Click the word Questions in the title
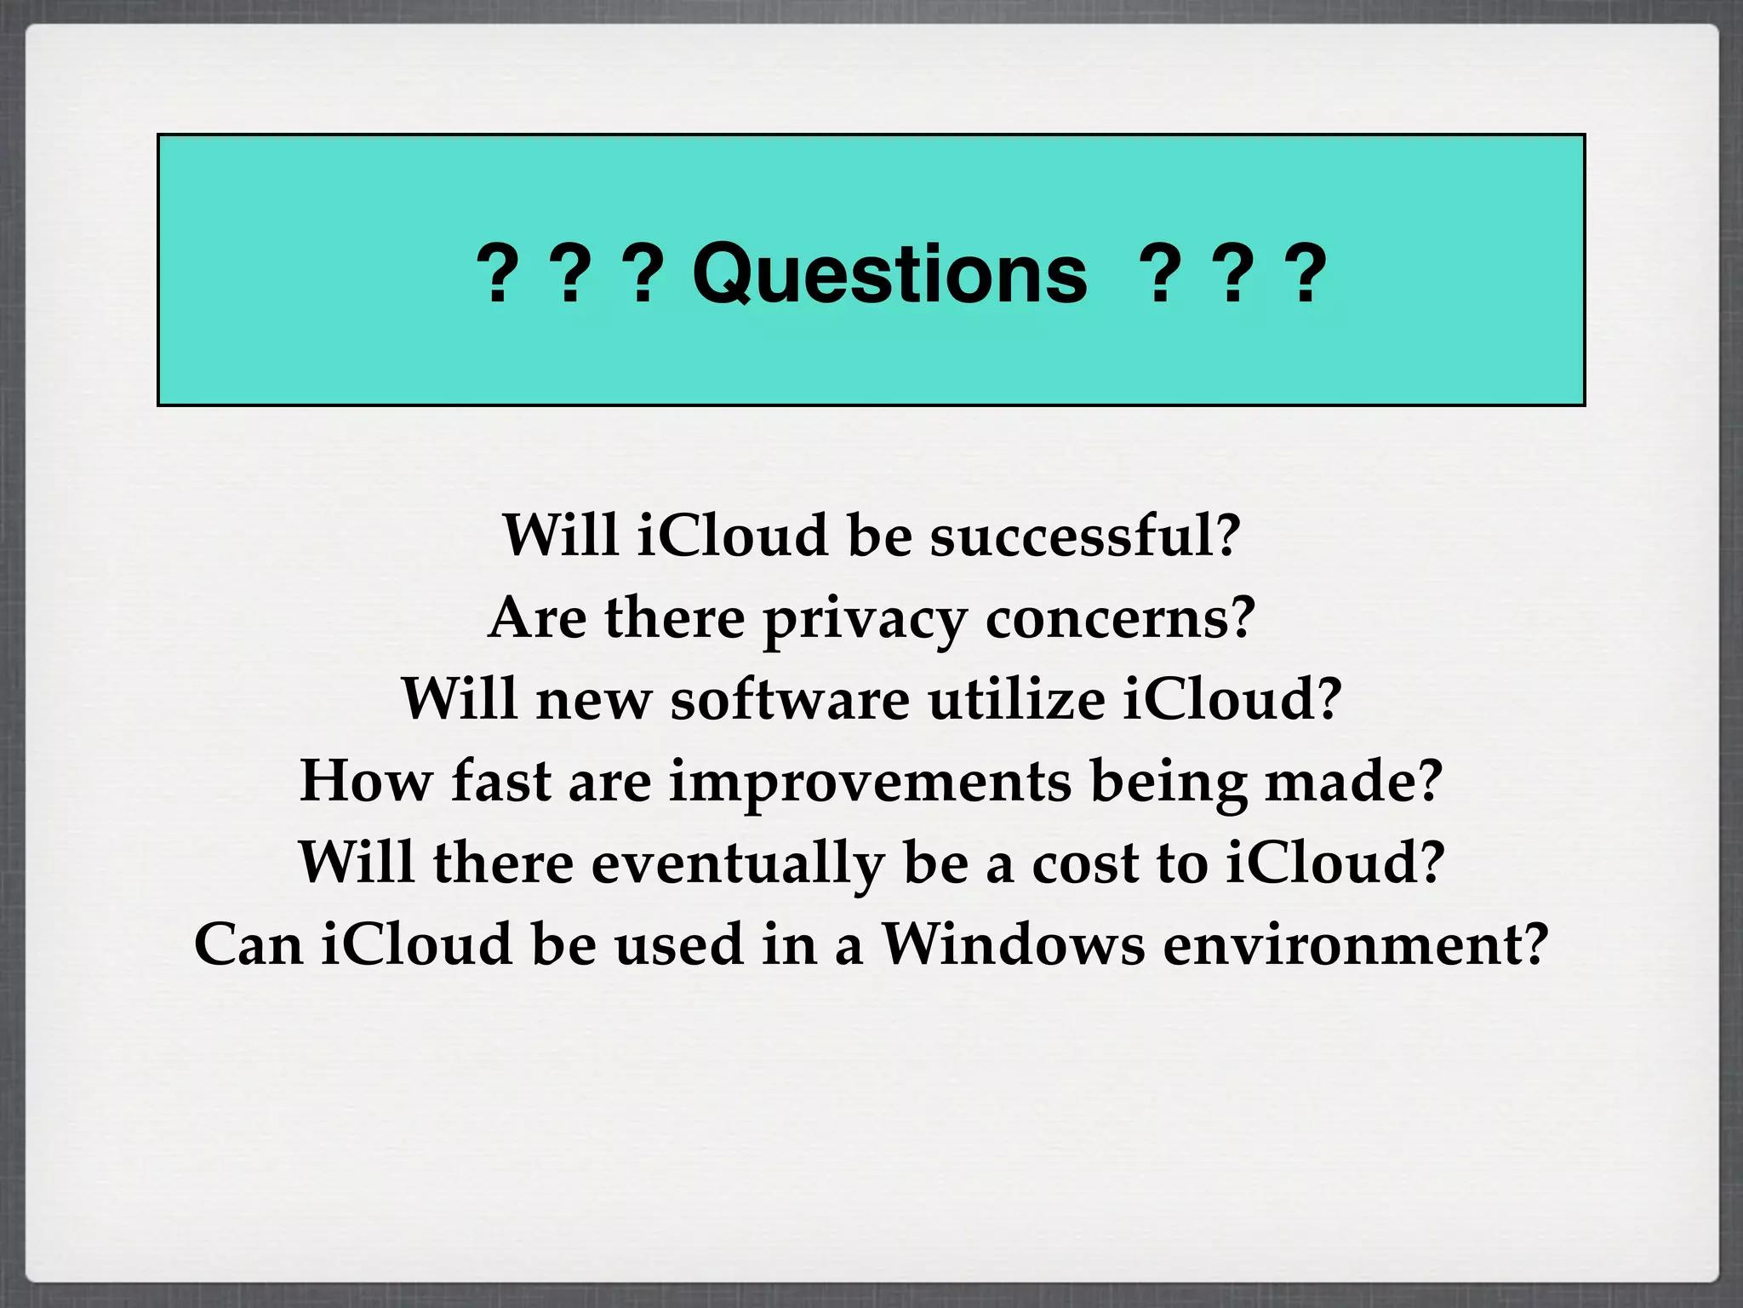tap(889, 274)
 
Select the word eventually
tap(737, 863)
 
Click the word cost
tap(1085, 863)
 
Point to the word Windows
tap(1013, 944)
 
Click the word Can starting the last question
tap(249, 944)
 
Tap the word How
tap(366, 780)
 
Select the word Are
tap(538, 618)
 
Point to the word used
tap(679, 944)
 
